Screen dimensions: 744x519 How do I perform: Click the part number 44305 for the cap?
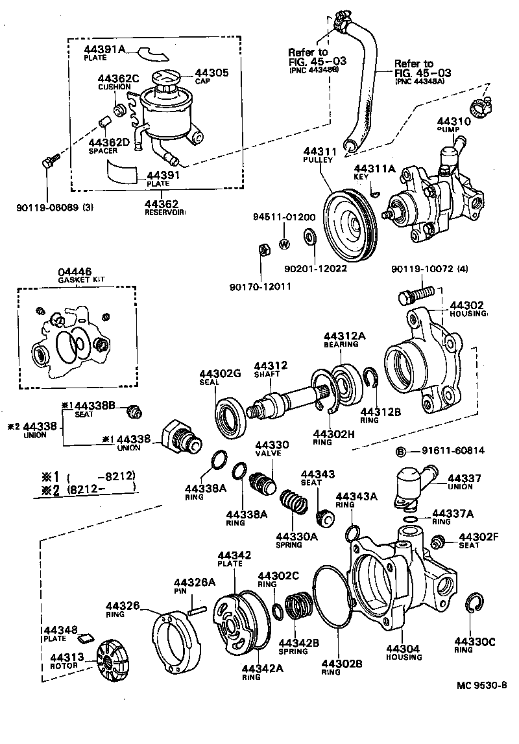tap(212, 73)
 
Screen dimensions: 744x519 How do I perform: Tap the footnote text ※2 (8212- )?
tap(85, 487)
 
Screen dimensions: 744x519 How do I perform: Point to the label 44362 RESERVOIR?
tap(165, 207)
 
